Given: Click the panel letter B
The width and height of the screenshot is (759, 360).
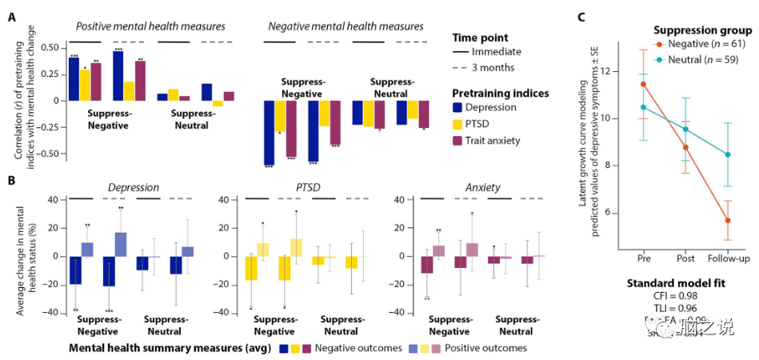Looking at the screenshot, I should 12,183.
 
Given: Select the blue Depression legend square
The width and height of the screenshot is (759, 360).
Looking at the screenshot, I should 457,107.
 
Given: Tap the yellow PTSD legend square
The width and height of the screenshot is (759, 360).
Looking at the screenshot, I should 457,124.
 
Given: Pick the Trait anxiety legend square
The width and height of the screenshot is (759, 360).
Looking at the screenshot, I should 457,141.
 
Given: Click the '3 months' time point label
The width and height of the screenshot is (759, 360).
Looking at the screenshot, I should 499,68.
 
